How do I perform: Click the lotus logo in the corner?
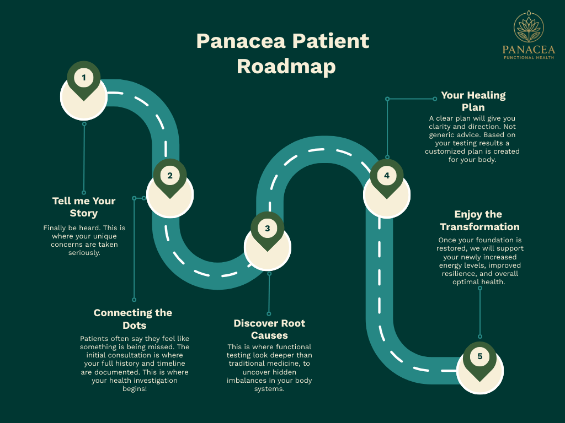coord(529,26)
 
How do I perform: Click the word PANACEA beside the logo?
coord(529,50)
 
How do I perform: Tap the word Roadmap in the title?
coord(286,67)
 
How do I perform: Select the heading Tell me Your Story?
coord(84,207)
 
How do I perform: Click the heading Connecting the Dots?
coord(133,319)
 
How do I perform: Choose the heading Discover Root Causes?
coord(269,329)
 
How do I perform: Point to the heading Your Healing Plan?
coord(473,101)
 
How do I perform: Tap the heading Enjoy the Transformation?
coord(479,220)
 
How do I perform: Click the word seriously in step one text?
coord(84,253)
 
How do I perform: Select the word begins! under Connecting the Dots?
coord(134,389)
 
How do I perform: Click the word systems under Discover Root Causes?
coord(270,389)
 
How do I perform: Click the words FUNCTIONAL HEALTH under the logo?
coord(529,57)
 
